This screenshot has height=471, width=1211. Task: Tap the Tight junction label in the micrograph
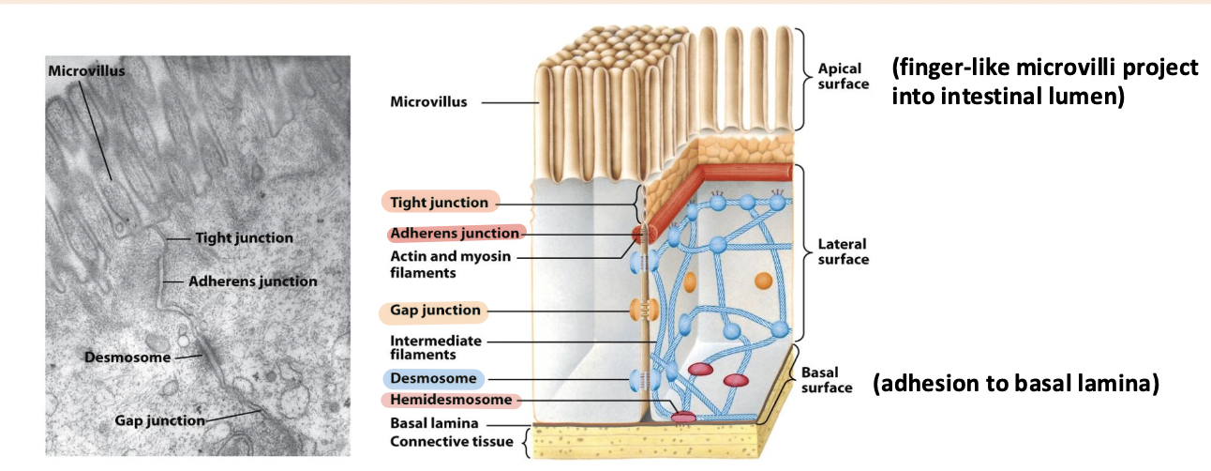[x=244, y=238]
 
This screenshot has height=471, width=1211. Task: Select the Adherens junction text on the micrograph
[x=252, y=281]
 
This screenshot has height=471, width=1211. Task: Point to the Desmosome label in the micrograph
[x=127, y=357]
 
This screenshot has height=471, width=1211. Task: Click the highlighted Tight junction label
[x=439, y=203]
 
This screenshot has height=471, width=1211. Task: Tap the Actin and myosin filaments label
[x=450, y=265]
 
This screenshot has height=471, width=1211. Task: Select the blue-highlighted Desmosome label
[x=433, y=379]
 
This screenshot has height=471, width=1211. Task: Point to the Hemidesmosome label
[x=451, y=401]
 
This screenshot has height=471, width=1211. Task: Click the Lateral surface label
[x=843, y=251]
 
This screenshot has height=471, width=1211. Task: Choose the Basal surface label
[x=826, y=380]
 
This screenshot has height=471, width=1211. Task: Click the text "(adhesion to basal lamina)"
[x=1016, y=384]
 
